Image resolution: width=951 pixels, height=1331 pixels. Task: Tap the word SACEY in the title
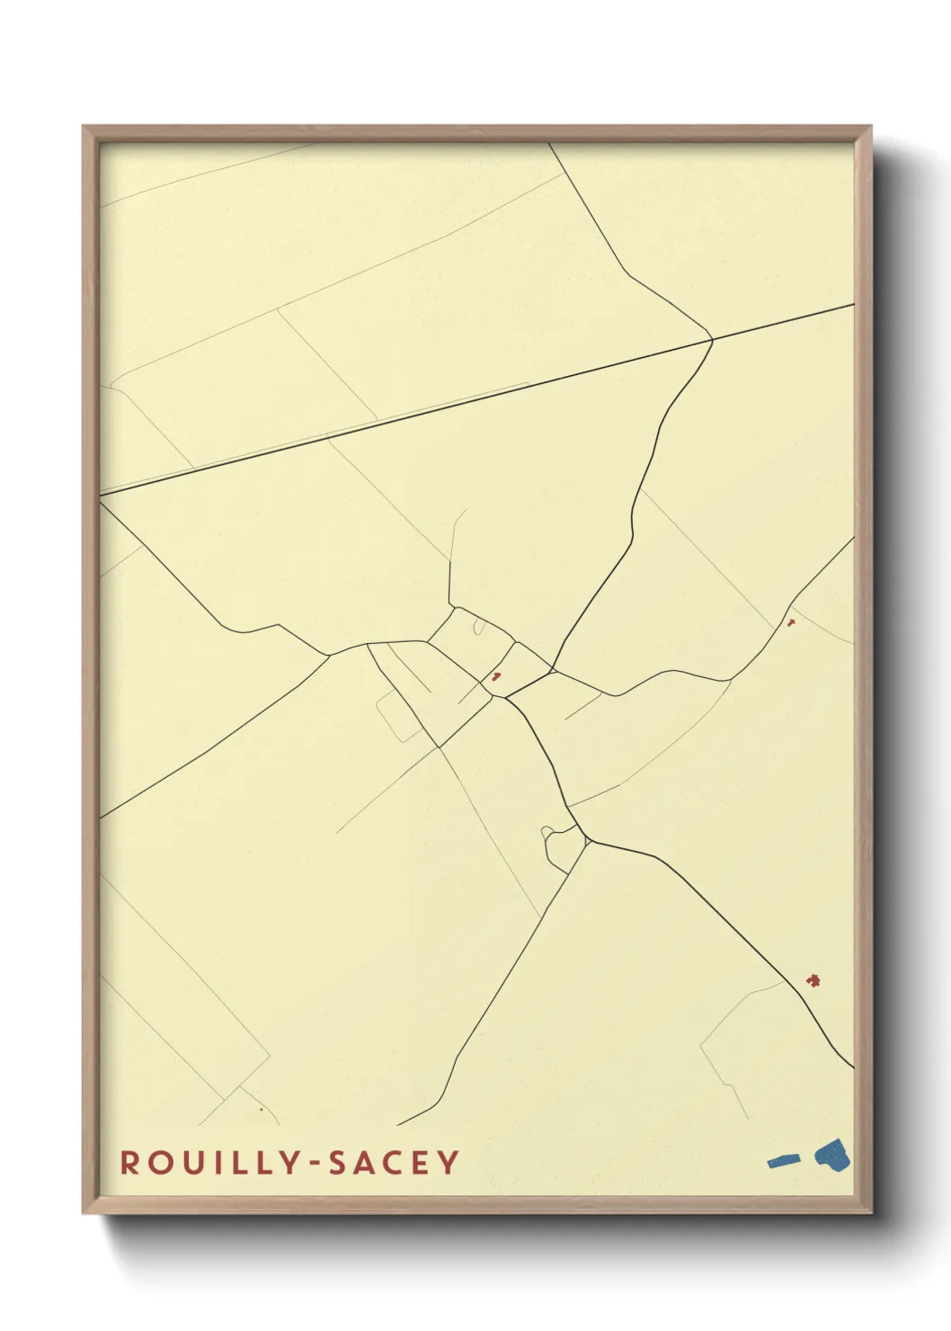(x=394, y=1163)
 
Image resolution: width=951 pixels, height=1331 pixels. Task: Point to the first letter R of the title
(x=129, y=1163)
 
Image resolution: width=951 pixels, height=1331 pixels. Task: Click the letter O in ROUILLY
(x=159, y=1163)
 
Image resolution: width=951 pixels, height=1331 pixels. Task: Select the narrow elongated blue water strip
(x=783, y=1161)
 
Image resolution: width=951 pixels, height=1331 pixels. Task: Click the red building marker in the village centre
(x=495, y=677)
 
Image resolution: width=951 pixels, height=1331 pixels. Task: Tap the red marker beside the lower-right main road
(x=813, y=979)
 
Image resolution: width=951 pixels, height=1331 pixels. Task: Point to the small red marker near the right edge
(x=791, y=622)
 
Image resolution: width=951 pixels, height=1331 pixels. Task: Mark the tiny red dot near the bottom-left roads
(x=262, y=1109)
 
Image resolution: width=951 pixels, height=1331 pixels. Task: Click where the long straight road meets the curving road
(x=712, y=340)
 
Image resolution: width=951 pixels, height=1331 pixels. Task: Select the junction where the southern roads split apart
(x=587, y=840)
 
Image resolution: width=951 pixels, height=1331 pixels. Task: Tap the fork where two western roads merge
(x=330, y=655)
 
